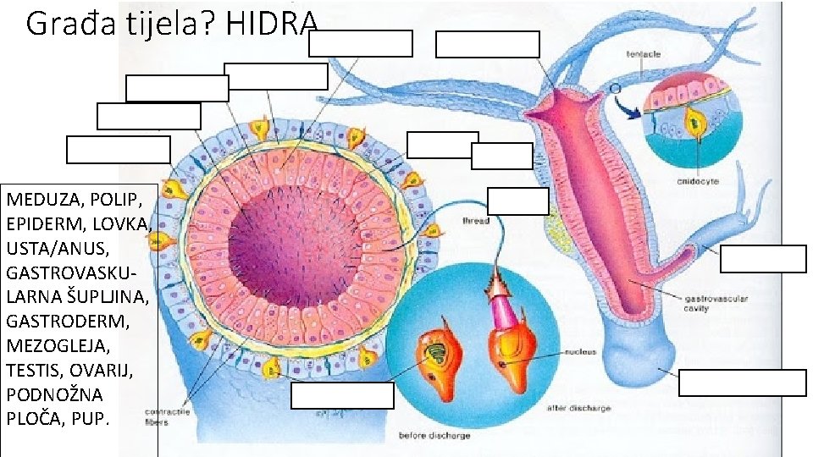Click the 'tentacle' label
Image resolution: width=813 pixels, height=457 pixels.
pos(644,53)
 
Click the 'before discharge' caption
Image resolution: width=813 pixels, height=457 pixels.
pos(431,436)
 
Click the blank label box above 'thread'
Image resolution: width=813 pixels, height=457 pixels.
pos(518,201)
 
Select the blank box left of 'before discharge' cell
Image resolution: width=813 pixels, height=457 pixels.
pos(342,395)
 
